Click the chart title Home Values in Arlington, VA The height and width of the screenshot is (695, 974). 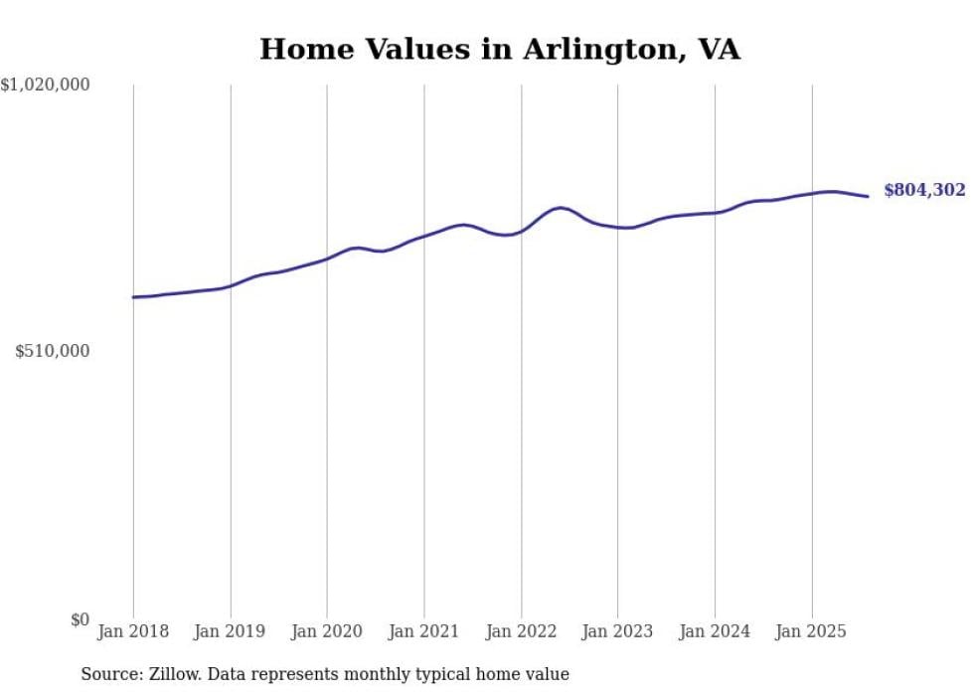[x=499, y=49]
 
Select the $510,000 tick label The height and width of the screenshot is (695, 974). [x=53, y=351]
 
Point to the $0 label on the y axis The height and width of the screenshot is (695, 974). [x=80, y=619]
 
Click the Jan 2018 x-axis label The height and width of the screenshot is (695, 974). [x=133, y=631]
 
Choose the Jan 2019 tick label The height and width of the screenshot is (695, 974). [x=231, y=631]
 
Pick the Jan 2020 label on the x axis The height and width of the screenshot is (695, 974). [x=327, y=631]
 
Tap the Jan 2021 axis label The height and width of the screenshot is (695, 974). [x=424, y=631]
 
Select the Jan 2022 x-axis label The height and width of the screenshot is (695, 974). [x=521, y=631]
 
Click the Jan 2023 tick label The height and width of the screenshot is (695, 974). [x=618, y=631]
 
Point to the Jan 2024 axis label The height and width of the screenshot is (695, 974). [x=715, y=631]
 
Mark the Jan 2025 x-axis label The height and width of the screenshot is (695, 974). [x=812, y=631]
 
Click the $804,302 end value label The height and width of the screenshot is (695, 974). [x=924, y=190]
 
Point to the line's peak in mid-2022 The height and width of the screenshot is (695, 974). [x=561, y=208]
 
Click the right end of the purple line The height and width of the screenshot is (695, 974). [x=868, y=196]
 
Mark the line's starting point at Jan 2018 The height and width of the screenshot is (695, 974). [x=133, y=297]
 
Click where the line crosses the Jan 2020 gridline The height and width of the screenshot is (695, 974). [x=327, y=259]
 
